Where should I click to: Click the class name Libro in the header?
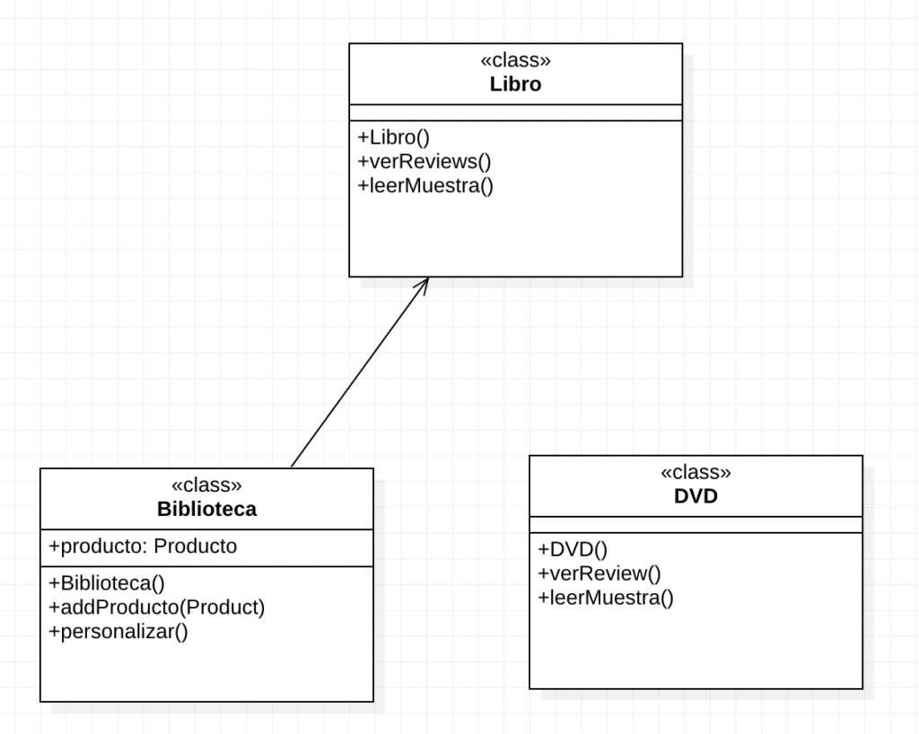coord(515,84)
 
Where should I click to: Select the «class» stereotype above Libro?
coord(515,61)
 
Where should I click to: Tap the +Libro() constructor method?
coord(394,137)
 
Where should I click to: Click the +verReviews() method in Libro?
coord(424,162)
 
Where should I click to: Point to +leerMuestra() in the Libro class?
coord(425,186)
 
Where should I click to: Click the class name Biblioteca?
coord(206,509)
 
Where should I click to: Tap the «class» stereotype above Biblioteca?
coord(206,485)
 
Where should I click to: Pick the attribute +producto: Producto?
coord(143,546)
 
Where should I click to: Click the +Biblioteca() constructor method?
coord(107,582)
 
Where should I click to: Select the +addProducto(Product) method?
coord(157,607)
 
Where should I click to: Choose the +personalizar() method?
coord(118,631)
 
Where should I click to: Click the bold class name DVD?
coord(696,496)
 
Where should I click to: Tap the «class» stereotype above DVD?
coord(696,472)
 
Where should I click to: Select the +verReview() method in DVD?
coord(599,573)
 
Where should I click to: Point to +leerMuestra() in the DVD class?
coord(605,598)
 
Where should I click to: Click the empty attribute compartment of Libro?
coord(515,112)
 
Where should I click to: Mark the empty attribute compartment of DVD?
coord(696,524)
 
